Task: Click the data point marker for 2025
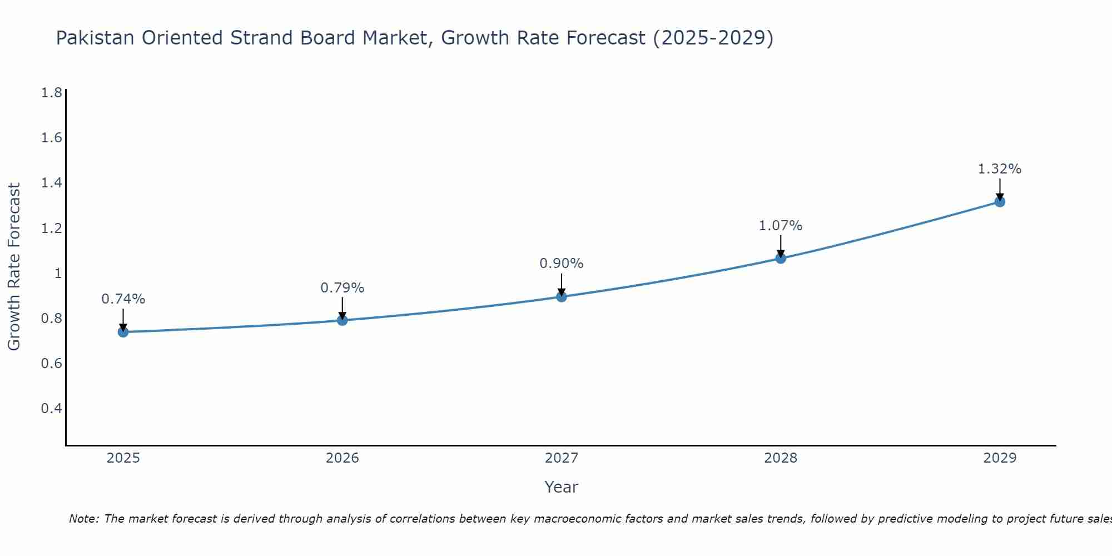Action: (x=123, y=332)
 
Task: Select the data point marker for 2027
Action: (x=562, y=296)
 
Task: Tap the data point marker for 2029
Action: (x=1000, y=201)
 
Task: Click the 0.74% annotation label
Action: (x=123, y=299)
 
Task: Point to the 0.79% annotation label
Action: (x=342, y=288)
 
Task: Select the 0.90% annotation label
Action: (x=562, y=264)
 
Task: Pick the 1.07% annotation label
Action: (x=781, y=226)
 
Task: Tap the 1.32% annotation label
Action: (x=1000, y=169)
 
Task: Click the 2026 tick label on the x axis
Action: (x=342, y=458)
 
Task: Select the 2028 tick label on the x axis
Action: (x=781, y=458)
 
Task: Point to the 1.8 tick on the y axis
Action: (x=52, y=92)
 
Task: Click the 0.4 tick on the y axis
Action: (x=52, y=409)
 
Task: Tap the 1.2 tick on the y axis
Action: (x=52, y=228)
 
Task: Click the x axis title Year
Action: (x=562, y=487)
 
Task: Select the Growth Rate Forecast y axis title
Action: (x=14, y=266)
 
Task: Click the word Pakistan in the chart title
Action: (x=95, y=38)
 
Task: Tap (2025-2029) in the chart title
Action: (x=713, y=38)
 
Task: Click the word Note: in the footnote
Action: (x=84, y=519)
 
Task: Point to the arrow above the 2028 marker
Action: (x=781, y=246)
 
